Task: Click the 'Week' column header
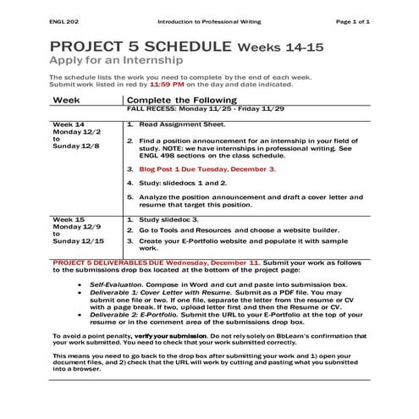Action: pyautogui.click(x=66, y=100)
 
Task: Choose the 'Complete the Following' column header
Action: pyautogui.click(x=179, y=100)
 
